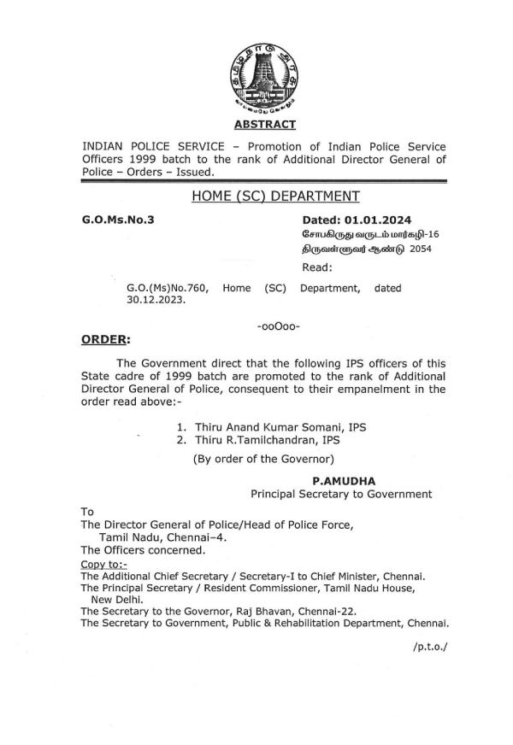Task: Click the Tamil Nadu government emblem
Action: pos(263,79)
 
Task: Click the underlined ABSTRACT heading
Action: pos(263,125)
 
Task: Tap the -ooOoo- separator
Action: pos(278,327)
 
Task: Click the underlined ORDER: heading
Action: pos(105,340)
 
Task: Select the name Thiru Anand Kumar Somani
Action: pos(270,426)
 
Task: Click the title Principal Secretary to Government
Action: pos(341,495)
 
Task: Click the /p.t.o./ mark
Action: pos(429,647)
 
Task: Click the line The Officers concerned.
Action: pos(143,550)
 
